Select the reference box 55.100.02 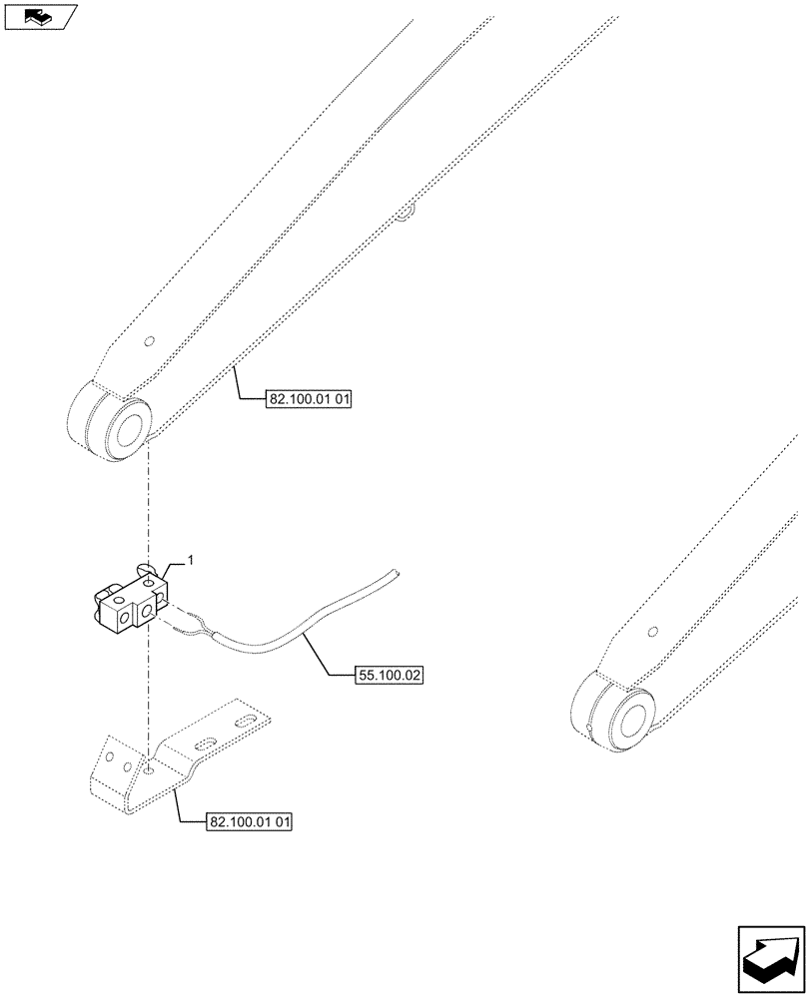(390, 676)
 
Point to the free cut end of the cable (396, 572)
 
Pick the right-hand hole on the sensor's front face (148, 611)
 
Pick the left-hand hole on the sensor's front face (125, 620)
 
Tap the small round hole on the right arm (652, 632)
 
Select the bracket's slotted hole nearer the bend (203, 743)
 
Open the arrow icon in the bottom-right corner (770, 958)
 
